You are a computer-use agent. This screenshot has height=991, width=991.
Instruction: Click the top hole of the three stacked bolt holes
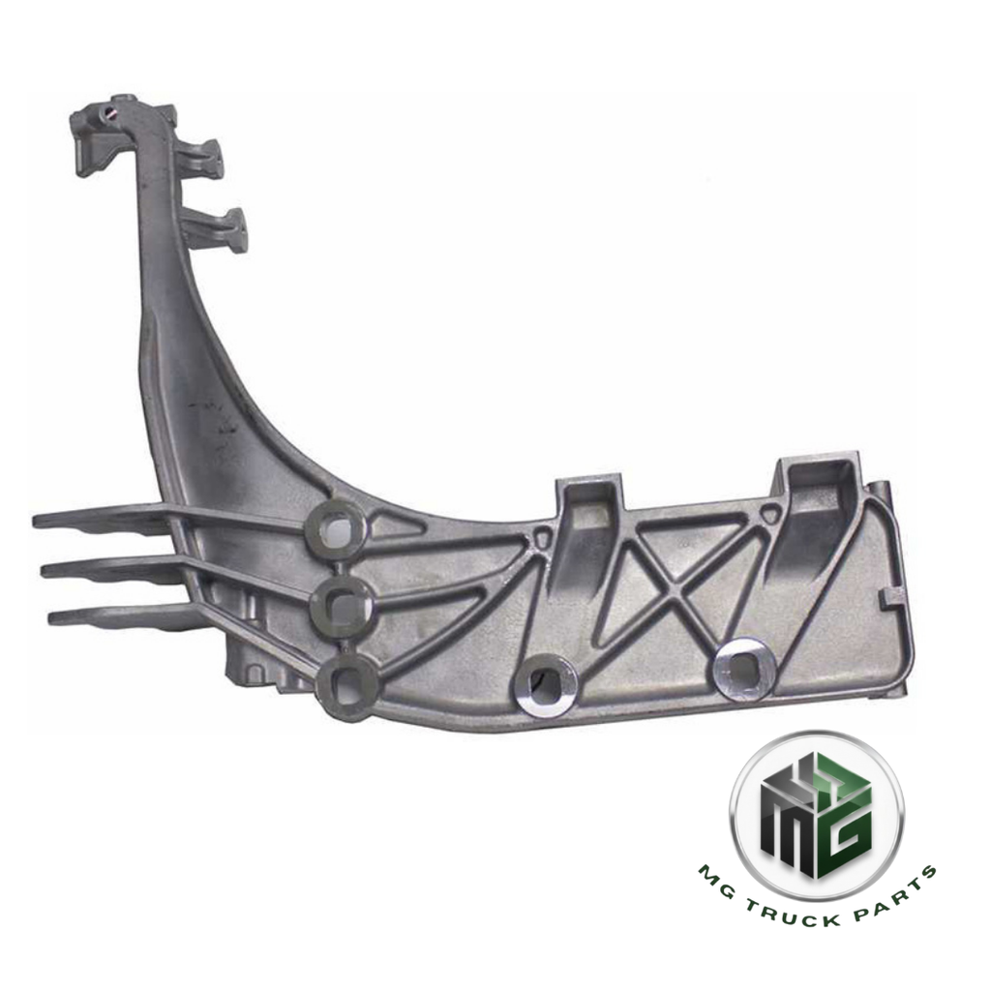coord(338,526)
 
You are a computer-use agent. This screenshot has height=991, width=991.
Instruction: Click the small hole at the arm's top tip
coord(115,112)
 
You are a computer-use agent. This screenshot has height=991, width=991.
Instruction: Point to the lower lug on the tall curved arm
coord(224,228)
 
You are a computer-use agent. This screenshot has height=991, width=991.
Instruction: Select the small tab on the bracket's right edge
coord(886,602)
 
